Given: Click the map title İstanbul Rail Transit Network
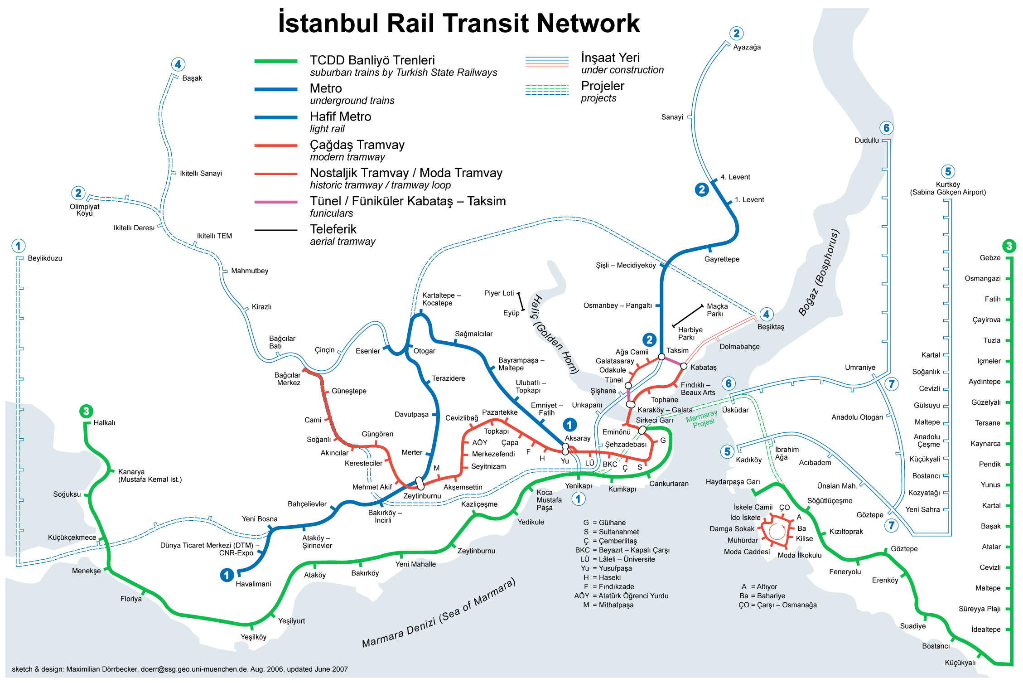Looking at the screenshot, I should pos(458,24).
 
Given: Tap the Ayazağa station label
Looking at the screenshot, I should pos(747,47).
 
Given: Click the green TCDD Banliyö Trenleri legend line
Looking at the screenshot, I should pos(275,61).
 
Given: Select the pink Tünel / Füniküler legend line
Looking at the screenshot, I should pos(275,202).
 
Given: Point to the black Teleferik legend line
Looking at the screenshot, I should pos(275,230).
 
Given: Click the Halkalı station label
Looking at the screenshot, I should pos(104,423).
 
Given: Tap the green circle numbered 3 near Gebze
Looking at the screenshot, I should pos(1009,246).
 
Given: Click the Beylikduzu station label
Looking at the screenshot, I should pos(45,258).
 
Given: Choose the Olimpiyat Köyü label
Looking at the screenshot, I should pos(84,210).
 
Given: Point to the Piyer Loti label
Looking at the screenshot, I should pos(499,293).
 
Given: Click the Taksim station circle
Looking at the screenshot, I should pos(661,357).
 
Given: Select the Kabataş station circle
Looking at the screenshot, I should pos(684,366).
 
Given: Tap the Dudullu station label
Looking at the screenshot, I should pos(866,140).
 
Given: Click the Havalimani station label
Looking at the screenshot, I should pos(253,584).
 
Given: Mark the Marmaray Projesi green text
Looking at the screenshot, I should pos(702,419).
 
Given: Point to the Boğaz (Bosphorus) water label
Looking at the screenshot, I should pos(819,273).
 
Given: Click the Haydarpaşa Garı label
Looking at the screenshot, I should pos(733,482).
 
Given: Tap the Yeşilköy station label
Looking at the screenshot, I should pos(253,637).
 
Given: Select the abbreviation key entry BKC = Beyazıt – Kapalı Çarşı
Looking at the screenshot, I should pos(622,550).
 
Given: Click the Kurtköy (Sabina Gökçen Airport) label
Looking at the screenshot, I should pos(948,189).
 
